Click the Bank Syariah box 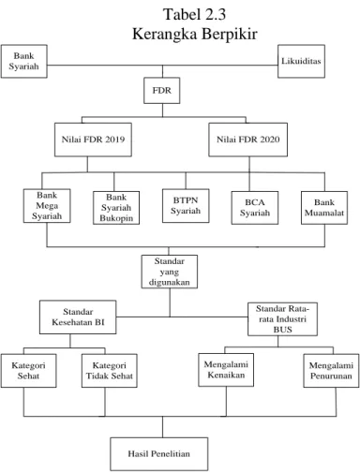pyautogui.click(x=24, y=61)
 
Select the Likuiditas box pyautogui.click(x=301, y=61)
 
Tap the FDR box pyautogui.click(x=162, y=91)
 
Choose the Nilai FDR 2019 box pyautogui.click(x=93, y=140)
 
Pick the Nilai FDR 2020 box pyautogui.click(x=248, y=140)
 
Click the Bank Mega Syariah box pyautogui.click(x=47, y=206)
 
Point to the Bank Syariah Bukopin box pyautogui.click(x=116, y=208)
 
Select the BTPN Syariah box pyautogui.click(x=186, y=206)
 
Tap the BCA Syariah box pyautogui.click(x=255, y=208)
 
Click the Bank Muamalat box pyautogui.click(x=324, y=208)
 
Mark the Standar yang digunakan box pyautogui.click(x=170, y=272)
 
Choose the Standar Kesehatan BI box pyautogui.click(x=78, y=317)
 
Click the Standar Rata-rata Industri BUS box pyautogui.click(x=283, y=319)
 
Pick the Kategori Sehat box pyautogui.click(x=28, y=371)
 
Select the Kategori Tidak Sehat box pyautogui.click(x=110, y=371)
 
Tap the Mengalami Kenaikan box pyautogui.click(x=226, y=370)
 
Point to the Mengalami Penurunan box pyautogui.click(x=331, y=371)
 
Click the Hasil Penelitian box pyautogui.click(x=159, y=454)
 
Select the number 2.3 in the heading pyautogui.click(x=213, y=14)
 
